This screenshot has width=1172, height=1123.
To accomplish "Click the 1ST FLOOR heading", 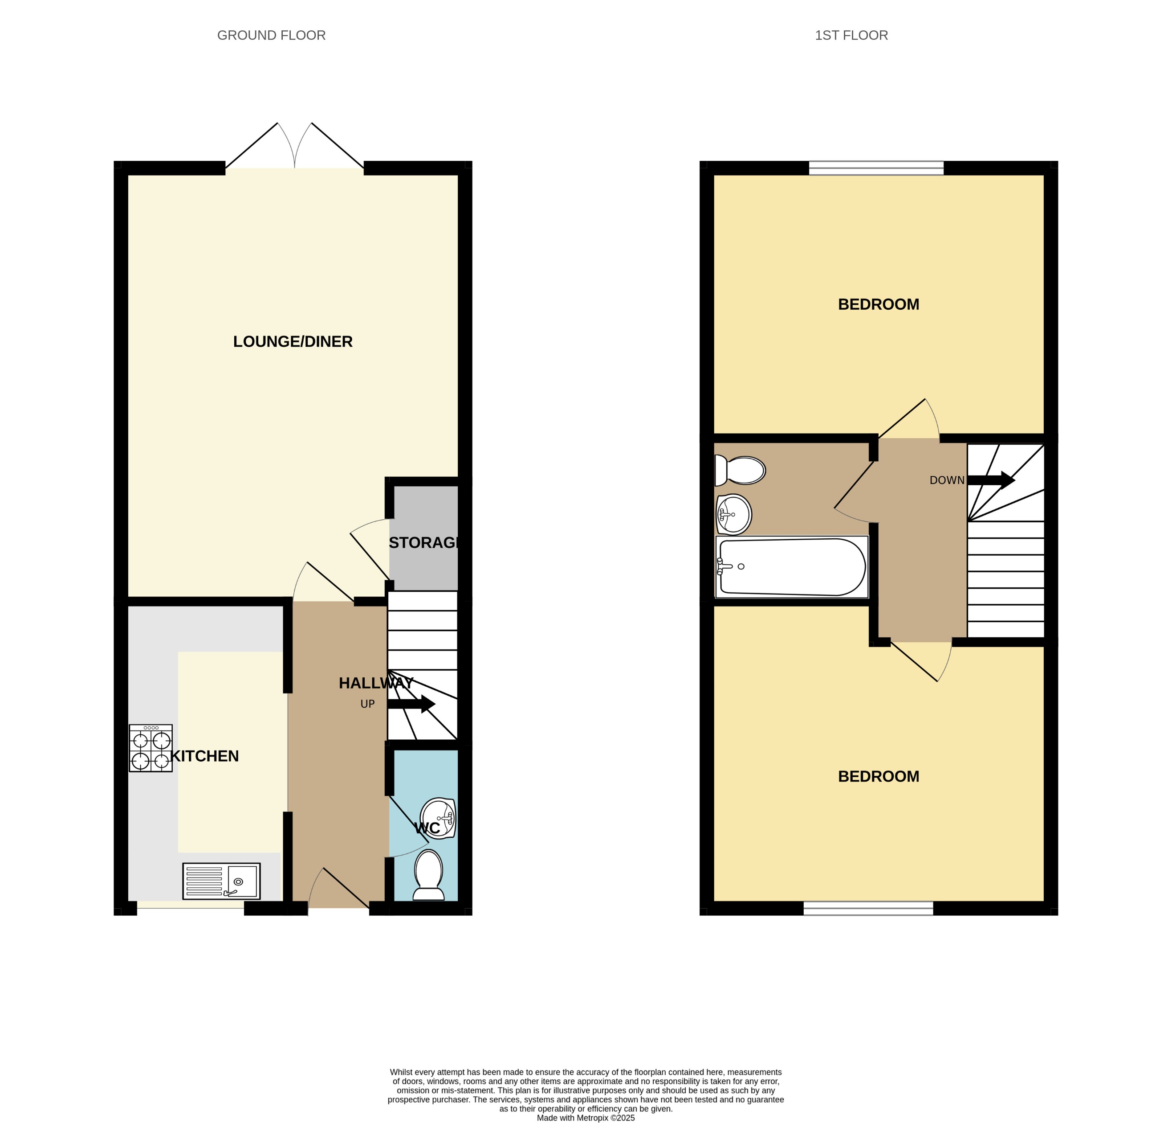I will click(x=851, y=35).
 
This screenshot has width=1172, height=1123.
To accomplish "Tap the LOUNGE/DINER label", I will click(x=293, y=342).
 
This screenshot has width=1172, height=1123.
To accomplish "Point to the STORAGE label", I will click(x=424, y=543).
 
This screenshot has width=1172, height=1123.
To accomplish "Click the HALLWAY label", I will click(x=375, y=683).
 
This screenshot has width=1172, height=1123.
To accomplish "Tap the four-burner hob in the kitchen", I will click(x=151, y=749).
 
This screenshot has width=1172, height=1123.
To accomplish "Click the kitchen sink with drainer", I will click(x=221, y=881).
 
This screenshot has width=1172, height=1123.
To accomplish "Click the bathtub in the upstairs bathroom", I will click(x=791, y=566).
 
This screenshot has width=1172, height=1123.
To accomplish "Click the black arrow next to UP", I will click(x=411, y=704).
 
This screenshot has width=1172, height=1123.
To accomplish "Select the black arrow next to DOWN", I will click(x=991, y=480).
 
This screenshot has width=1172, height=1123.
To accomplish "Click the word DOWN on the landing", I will click(x=947, y=480).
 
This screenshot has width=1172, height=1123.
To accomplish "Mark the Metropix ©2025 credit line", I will click(x=586, y=1118).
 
